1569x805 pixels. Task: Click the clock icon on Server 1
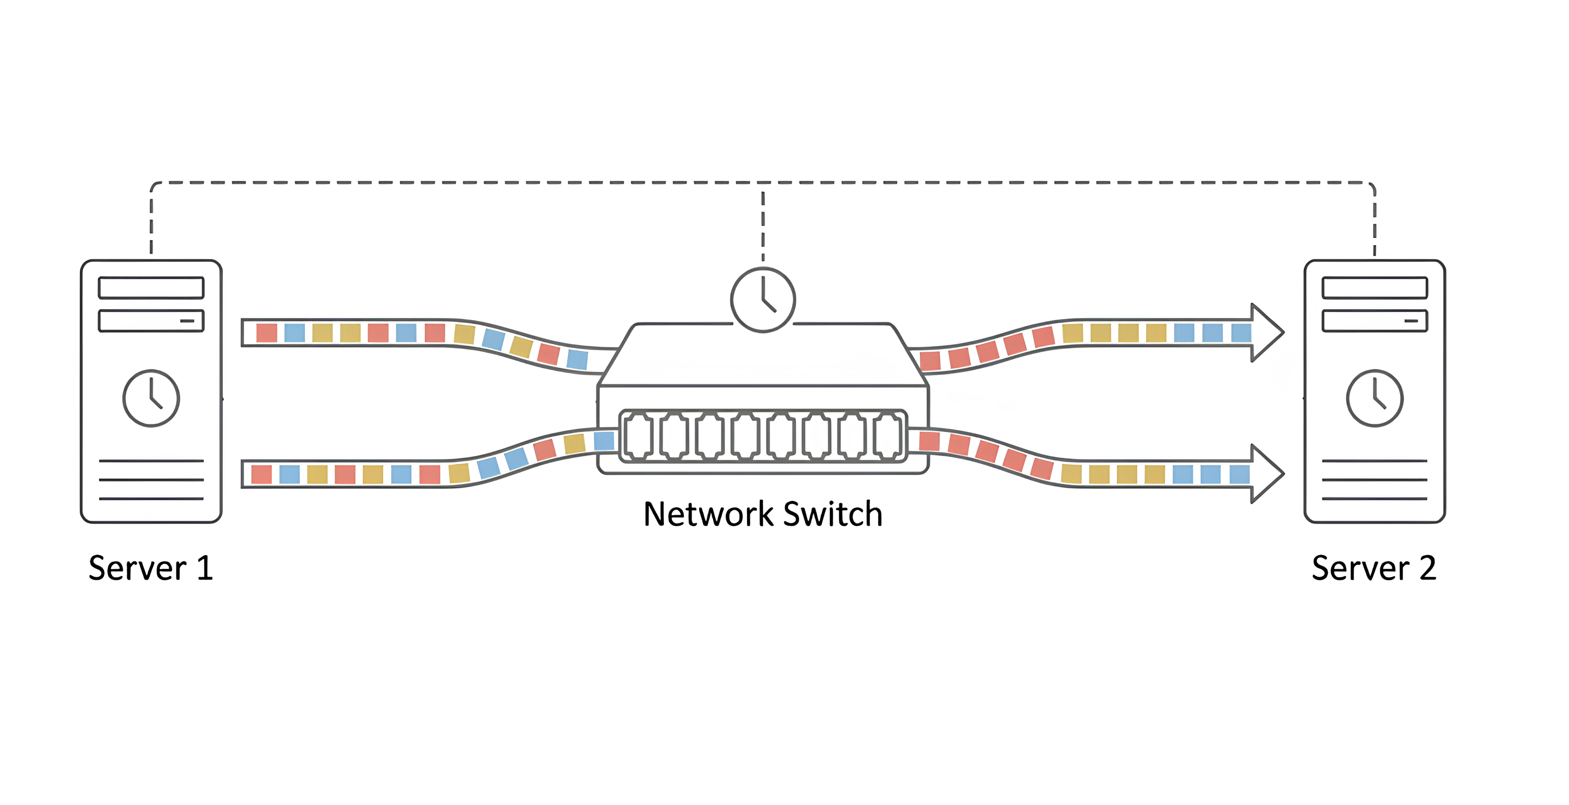point(151,398)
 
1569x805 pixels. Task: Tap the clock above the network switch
point(763,300)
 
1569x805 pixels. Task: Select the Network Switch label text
point(763,514)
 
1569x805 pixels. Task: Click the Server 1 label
point(151,568)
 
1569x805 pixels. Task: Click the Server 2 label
point(1374,568)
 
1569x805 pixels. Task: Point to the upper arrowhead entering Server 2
point(1267,332)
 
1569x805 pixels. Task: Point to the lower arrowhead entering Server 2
point(1267,473)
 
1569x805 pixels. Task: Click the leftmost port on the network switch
point(638,436)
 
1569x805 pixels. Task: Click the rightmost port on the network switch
point(887,436)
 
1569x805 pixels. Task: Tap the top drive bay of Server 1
point(151,287)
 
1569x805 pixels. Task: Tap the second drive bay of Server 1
point(151,321)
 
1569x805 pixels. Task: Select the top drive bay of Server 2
point(1374,287)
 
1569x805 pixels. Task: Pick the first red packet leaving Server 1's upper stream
point(267,332)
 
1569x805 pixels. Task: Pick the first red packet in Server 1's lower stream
point(261,474)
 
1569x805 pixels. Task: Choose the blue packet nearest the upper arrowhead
point(1240,332)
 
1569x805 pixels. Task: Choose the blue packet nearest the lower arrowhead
point(1239,474)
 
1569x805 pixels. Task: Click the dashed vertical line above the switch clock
point(763,225)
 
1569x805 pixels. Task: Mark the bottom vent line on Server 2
point(1374,499)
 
